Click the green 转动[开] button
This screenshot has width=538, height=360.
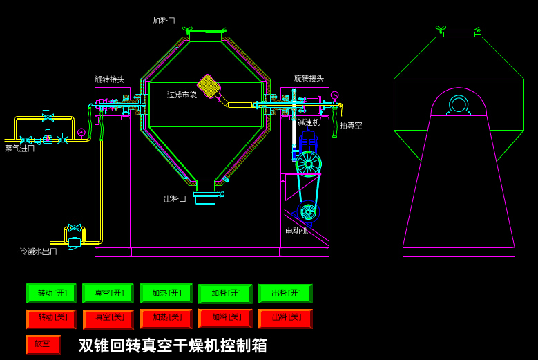tap(51, 293)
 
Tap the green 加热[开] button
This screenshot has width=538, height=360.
tap(166, 293)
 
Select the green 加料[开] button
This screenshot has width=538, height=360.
tap(225, 293)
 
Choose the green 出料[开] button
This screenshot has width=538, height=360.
tap(285, 293)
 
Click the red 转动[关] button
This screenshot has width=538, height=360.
tap(51, 319)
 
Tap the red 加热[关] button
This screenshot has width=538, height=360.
tap(166, 319)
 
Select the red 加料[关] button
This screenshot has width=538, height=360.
tap(225, 319)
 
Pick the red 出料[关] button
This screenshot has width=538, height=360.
tap(285, 319)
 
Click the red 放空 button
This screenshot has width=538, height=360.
tap(43, 344)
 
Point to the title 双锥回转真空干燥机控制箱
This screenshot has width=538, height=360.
tap(173, 345)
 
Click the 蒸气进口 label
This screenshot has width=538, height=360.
tap(20, 149)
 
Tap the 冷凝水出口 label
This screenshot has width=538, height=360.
tap(39, 252)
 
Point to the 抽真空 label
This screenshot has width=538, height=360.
tap(351, 126)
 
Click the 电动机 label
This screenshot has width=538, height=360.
tap(297, 231)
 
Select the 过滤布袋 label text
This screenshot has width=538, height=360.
tap(182, 95)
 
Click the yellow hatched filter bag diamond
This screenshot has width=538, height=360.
tap(209, 86)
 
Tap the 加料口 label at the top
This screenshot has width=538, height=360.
tap(164, 21)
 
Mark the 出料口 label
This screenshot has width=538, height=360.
tap(175, 199)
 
